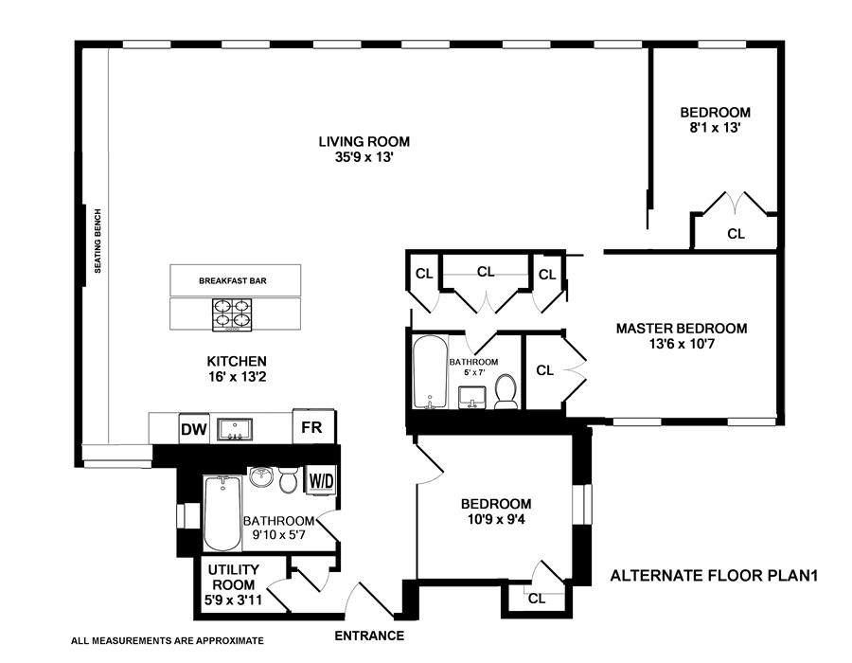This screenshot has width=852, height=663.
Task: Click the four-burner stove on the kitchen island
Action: (x=232, y=314)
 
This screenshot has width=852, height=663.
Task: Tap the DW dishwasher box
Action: (x=194, y=429)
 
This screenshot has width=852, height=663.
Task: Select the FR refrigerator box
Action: (x=311, y=426)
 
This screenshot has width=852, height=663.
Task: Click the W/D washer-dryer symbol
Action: (x=321, y=480)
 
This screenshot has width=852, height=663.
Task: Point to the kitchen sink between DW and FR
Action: (x=235, y=429)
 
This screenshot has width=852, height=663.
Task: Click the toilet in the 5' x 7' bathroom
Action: (x=506, y=392)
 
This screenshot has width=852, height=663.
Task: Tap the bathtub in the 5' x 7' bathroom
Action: (x=429, y=372)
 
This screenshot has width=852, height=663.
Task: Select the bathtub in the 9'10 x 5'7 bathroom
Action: (x=222, y=513)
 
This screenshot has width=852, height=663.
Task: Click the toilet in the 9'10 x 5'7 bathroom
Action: (x=289, y=478)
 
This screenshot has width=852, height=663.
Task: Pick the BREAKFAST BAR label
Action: (x=233, y=281)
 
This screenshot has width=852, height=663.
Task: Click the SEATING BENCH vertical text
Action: (x=98, y=241)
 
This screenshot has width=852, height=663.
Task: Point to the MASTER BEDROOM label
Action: (x=682, y=329)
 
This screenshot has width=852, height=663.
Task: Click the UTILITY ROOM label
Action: (x=234, y=577)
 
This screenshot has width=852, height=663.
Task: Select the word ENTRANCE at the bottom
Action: (x=369, y=636)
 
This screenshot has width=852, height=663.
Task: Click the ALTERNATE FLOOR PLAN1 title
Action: (x=714, y=576)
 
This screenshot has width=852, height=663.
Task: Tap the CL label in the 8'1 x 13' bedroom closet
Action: (x=737, y=234)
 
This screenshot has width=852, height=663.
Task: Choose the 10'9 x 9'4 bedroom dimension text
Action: (x=496, y=519)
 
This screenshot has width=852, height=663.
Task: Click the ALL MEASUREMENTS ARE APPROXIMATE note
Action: (x=168, y=640)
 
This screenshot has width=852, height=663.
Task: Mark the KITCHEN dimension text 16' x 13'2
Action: (x=237, y=377)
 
